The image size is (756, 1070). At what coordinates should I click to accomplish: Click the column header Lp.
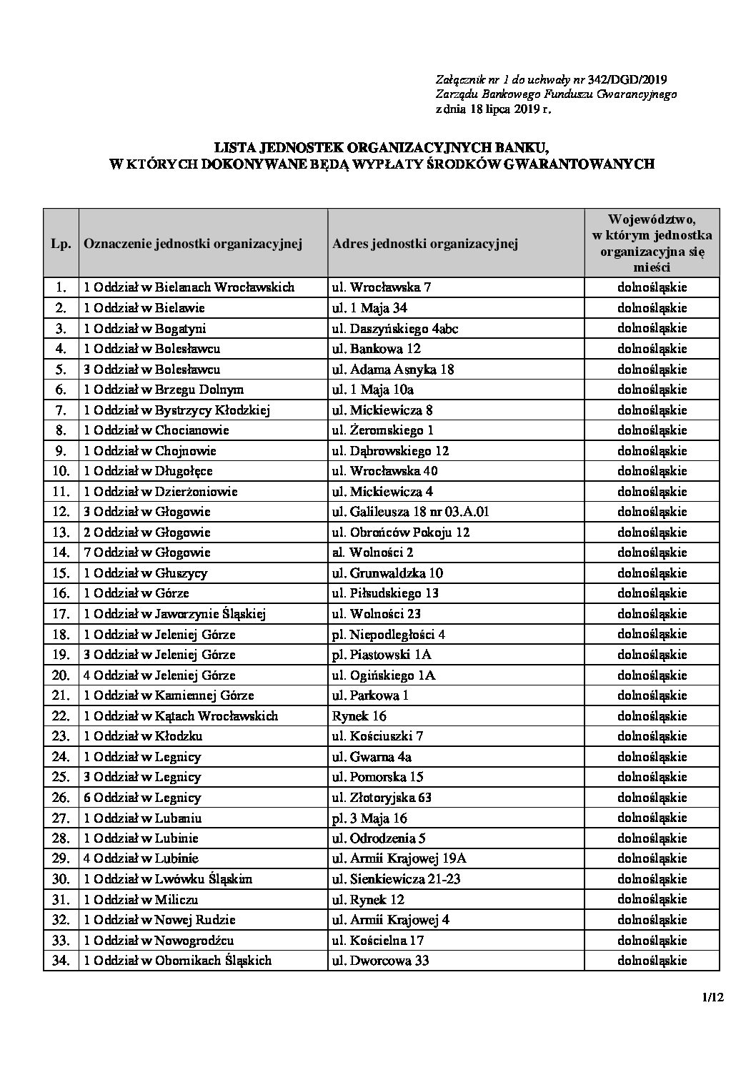click(61, 243)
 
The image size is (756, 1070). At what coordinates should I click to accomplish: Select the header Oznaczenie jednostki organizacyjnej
click(193, 243)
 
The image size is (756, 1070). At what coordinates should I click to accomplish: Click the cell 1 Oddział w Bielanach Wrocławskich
click(189, 287)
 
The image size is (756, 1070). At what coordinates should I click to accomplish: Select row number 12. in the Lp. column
click(61, 512)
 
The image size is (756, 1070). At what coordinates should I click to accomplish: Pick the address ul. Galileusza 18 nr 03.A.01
click(411, 512)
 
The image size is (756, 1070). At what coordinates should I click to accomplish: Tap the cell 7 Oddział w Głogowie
click(147, 553)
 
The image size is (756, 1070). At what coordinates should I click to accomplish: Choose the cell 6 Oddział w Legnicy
click(142, 797)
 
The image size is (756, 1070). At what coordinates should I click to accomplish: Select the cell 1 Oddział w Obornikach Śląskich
click(178, 961)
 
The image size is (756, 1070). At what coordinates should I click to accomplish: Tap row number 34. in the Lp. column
click(61, 961)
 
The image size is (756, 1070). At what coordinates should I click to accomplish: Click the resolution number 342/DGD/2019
click(631, 79)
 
